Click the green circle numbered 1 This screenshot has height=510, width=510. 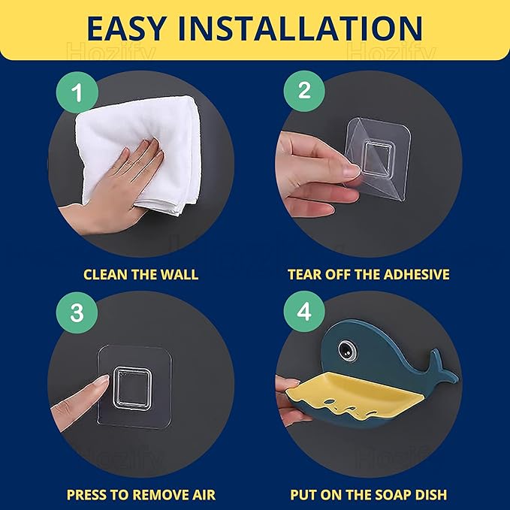(x=77, y=92)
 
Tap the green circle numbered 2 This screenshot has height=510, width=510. (x=304, y=91)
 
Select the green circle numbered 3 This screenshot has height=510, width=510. (x=77, y=312)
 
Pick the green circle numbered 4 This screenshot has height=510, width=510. (x=304, y=312)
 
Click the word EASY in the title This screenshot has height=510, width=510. (x=126, y=29)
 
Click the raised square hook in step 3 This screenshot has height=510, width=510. (x=132, y=388)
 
